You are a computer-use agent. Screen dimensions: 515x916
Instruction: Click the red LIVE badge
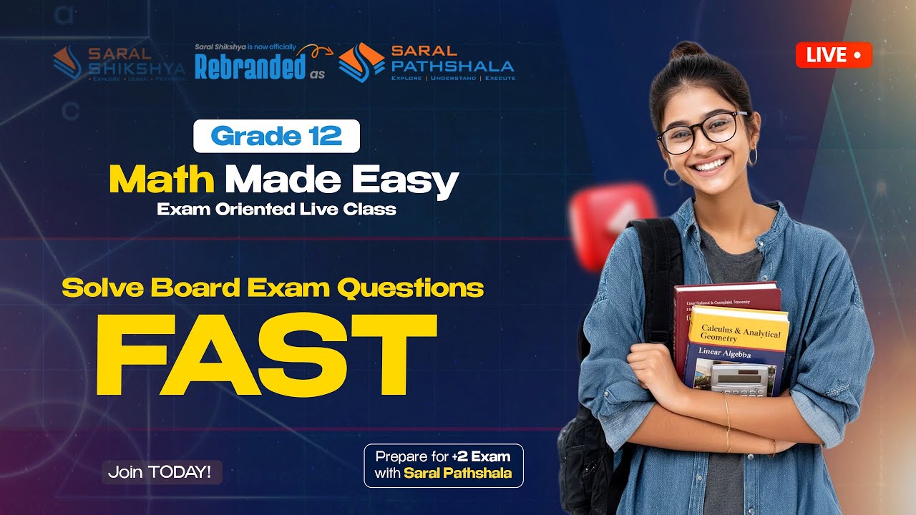tap(834, 55)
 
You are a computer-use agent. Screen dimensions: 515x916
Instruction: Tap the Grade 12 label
tap(276, 136)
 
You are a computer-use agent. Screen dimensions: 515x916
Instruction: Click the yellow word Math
tap(162, 181)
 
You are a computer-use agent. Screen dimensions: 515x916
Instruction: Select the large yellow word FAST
tap(265, 355)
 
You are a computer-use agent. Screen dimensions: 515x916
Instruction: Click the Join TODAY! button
tap(161, 472)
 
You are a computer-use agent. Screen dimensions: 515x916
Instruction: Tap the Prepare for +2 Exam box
tap(443, 465)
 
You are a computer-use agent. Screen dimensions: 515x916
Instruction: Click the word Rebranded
tap(250, 67)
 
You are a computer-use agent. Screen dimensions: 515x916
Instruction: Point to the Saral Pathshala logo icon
tap(361, 62)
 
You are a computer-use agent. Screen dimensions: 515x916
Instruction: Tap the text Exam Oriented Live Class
tap(276, 210)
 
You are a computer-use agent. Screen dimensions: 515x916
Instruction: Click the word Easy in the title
tap(414, 181)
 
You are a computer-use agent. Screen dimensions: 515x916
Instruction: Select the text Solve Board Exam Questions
tap(273, 288)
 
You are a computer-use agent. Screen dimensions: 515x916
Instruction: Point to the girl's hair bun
tap(688, 51)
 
